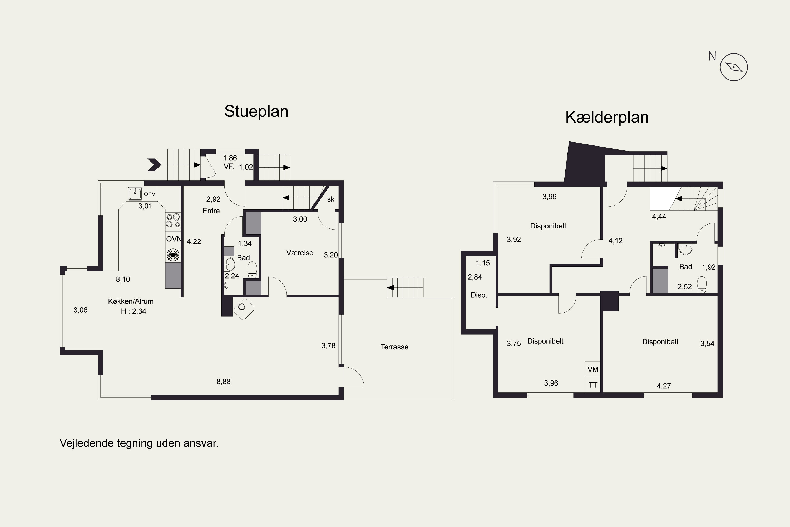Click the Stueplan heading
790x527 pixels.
(256, 111)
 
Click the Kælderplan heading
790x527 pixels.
(607, 117)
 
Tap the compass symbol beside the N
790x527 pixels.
(734, 67)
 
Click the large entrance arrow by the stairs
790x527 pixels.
(154, 165)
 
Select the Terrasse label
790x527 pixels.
(394, 347)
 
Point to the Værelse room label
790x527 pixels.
(300, 253)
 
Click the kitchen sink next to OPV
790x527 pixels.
(135, 194)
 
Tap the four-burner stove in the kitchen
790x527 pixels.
(173, 221)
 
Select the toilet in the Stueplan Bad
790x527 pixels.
(252, 270)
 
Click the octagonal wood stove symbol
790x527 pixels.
(244, 309)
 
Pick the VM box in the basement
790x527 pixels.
(592, 369)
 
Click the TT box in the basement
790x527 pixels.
(592, 385)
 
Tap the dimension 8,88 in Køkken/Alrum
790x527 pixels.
(223, 382)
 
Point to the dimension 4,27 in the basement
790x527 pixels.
(664, 386)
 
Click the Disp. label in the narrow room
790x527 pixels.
(479, 295)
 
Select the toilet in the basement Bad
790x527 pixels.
(702, 284)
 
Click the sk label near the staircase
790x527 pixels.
(330, 199)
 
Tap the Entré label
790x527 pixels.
(211, 211)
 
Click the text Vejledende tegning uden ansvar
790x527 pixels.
(139, 443)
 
